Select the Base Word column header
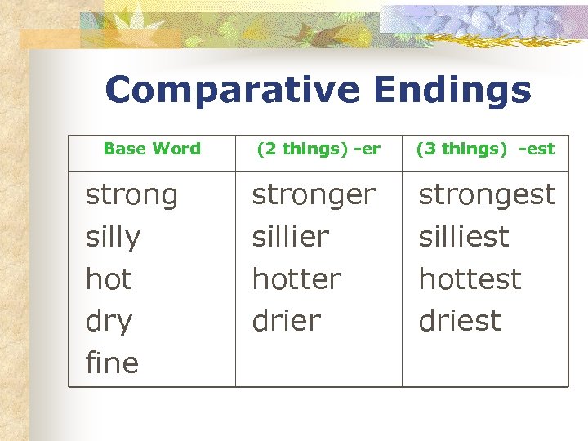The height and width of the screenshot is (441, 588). click(152, 149)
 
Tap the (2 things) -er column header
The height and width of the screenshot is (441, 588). click(318, 149)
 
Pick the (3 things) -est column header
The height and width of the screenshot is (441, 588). click(485, 149)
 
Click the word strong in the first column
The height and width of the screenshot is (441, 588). click(131, 196)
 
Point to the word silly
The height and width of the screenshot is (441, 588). click(113, 238)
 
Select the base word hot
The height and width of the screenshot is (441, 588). click(109, 279)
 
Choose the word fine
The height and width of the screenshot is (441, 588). click(112, 363)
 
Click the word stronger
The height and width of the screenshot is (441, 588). click(314, 196)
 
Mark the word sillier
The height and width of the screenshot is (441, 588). click(290, 238)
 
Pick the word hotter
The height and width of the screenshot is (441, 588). click(296, 279)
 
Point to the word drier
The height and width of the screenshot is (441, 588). click(287, 321)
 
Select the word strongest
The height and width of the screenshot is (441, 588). click(487, 195)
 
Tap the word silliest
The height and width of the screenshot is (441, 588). click(464, 238)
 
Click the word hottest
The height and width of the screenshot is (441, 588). click(470, 279)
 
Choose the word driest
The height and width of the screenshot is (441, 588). click(460, 321)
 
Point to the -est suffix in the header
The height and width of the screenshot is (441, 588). click(536, 149)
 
